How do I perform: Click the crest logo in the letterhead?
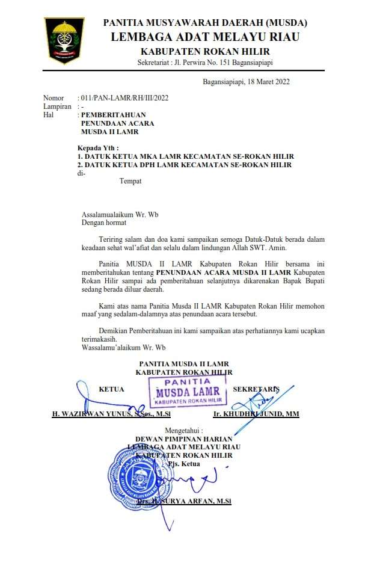64,40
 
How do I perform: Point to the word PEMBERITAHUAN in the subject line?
114,114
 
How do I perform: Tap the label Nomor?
53,98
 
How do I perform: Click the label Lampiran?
57,106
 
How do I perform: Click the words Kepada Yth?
98,148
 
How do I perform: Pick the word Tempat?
130,181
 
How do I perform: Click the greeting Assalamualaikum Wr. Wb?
120,214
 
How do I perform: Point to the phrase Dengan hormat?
104,222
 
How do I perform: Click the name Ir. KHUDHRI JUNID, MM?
256,414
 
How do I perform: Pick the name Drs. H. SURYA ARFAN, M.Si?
184,501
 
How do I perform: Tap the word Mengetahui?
184,431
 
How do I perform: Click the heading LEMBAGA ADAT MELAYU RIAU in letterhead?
205,37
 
